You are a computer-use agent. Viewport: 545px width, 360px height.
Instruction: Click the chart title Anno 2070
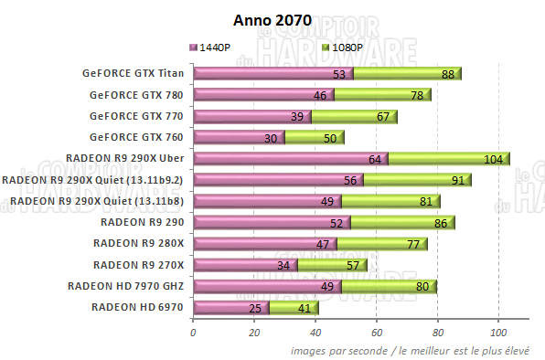[x=272, y=21]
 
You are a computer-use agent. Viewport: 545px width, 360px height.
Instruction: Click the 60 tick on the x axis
[x=376, y=333]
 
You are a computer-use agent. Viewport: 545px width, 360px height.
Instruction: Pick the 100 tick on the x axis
[x=497, y=333]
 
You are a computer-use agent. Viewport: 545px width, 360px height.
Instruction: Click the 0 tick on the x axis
[x=193, y=333]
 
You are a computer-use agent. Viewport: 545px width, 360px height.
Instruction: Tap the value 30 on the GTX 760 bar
[x=271, y=137]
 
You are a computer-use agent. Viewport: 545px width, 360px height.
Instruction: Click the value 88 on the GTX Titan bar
[x=447, y=74]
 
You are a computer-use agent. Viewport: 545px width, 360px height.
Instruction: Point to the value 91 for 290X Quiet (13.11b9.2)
[x=456, y=180]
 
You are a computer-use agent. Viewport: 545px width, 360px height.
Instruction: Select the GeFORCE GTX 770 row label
[x=136, y=116]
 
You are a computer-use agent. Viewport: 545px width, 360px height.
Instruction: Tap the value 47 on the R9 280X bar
[x=323, y=244]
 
